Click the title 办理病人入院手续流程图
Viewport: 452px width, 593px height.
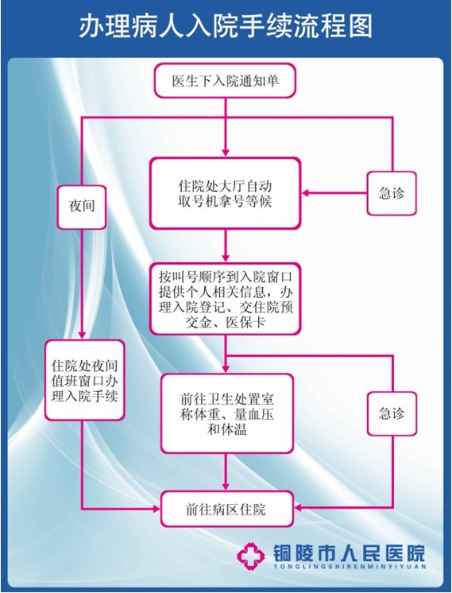tap(226, 26)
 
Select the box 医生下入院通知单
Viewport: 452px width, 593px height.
tap(225, 81)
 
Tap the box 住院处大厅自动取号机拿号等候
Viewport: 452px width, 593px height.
tap(226, 193)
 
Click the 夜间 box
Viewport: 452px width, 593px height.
tap(82, 207)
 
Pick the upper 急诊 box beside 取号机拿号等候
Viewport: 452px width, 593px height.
tap(392, 193)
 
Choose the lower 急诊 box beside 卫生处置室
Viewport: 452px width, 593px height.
tap(392, 413)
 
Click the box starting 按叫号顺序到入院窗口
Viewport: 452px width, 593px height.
tap(226, 299)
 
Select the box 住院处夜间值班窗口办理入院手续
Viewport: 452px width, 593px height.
tap(85, 381)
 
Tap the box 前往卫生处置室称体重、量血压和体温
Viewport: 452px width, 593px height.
tap(226, 413)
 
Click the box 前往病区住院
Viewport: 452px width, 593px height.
tap(226, 509)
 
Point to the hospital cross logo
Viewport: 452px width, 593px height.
tap(250, 556)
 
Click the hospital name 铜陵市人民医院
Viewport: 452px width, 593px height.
tap(349, 553)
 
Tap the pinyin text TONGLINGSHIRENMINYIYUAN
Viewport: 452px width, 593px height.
tap(350, 567)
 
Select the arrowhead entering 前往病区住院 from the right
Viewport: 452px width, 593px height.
tap(298, 508)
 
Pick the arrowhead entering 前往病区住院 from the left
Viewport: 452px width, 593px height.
tap(156, 509)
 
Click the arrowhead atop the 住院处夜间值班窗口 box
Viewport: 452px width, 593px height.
tap(82, 335)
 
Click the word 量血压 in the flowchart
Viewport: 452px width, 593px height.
tap(253, 414)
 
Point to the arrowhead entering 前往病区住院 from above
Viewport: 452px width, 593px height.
tap(226, 486)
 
